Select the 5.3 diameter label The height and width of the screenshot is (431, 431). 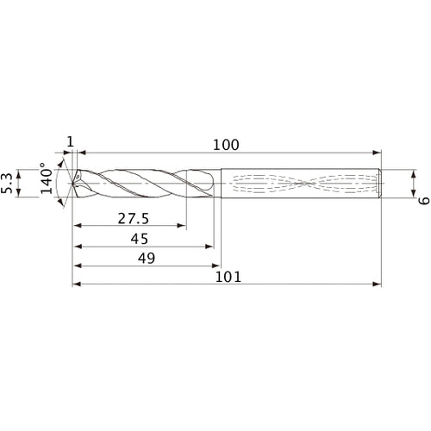click(x=9, y=183)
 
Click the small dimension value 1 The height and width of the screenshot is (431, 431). click(x=70, y=143)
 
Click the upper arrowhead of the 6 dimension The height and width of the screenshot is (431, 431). click(x=415, y=171)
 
